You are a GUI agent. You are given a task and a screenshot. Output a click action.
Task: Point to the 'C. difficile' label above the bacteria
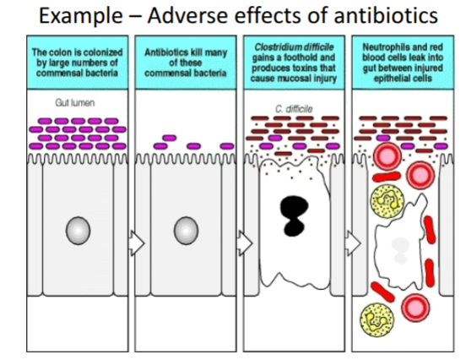tap(290, 108)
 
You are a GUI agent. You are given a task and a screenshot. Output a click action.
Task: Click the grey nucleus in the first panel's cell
tap(79, 230)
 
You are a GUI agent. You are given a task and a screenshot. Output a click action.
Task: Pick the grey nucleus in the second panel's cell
tap(186, 230)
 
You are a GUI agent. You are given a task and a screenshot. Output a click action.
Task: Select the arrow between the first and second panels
tap(133, 242)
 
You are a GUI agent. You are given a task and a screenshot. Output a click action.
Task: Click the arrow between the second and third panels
tap(243, 242)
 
